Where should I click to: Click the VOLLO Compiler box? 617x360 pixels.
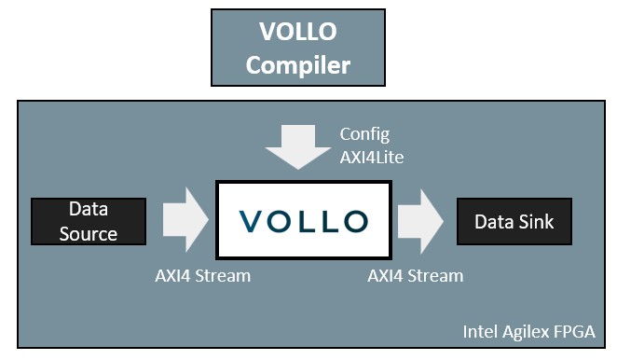(298, 48)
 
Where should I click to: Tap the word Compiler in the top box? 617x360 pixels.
(298, 66)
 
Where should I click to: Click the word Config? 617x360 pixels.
(364, 135)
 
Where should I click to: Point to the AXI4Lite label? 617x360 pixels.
(372, 158)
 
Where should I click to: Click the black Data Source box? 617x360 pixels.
(89, 221)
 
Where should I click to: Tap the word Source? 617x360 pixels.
(89, 234)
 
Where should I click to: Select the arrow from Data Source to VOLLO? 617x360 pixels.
(185, 220)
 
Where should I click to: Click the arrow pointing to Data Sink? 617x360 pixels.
(420, 221)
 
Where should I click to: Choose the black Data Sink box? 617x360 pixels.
(514, 221)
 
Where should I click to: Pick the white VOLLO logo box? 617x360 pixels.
(304, 220)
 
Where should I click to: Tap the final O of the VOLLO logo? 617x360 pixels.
(356, 221)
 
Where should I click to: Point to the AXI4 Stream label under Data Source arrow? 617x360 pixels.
(202, 276)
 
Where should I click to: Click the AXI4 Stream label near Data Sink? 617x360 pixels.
(415, 276)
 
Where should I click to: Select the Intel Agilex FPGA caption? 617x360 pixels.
(528, 332)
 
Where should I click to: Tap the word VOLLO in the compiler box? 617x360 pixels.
(298, 32)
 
